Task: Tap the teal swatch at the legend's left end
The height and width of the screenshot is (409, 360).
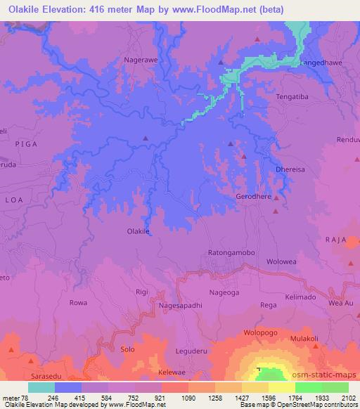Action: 41,387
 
